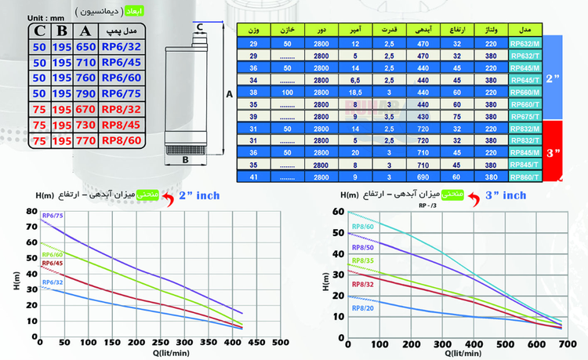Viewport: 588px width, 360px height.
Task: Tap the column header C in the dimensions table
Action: point(38,31)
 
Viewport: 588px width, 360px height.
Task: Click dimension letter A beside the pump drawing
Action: point(228,93)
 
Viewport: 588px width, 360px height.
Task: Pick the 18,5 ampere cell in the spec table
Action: point(355,91)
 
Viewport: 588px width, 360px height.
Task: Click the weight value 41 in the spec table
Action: point(252,177)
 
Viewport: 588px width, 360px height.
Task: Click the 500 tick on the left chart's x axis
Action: point(279,343)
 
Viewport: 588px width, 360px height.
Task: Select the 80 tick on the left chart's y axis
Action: point(31,212)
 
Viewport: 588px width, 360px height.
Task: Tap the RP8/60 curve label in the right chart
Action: point(362,227)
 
